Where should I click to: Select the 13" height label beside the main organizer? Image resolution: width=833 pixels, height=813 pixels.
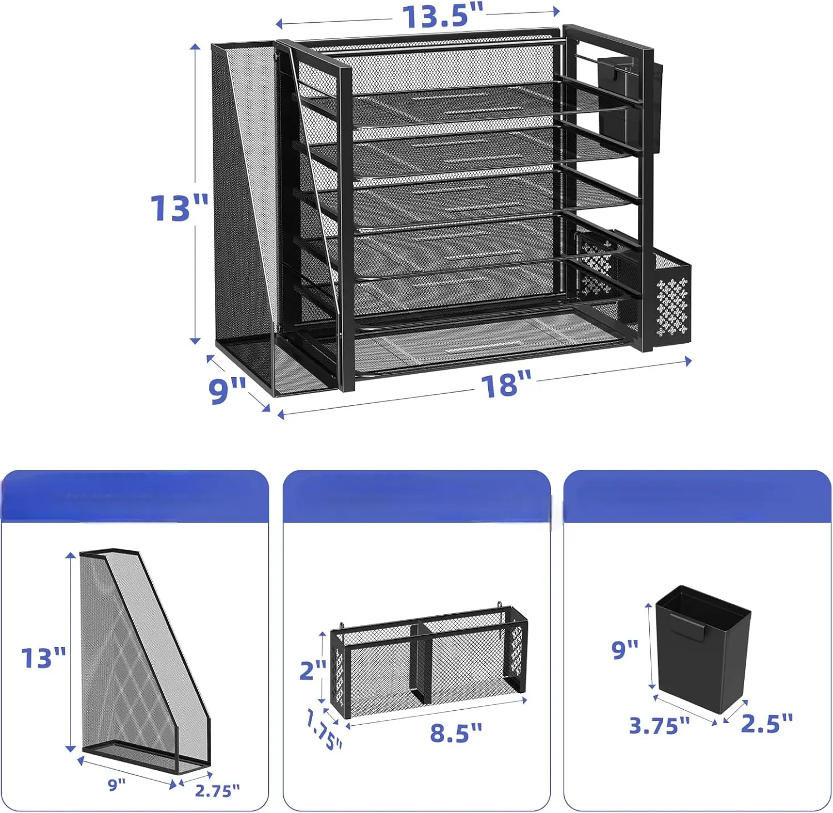click(179, 208)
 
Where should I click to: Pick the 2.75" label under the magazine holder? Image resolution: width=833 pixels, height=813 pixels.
click(217, 790)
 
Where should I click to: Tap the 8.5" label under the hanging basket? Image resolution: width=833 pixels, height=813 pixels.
click(456, 732)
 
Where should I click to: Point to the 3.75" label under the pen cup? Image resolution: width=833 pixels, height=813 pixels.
click(659, 725)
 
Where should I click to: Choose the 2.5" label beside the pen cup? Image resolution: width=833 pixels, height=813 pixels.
click(767, 722)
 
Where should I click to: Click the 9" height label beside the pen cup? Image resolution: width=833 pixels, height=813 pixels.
click(625, 649)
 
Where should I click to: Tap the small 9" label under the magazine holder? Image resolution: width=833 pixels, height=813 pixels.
click(117, 785)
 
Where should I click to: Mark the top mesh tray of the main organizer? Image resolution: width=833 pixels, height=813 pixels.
click(461, 103)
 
